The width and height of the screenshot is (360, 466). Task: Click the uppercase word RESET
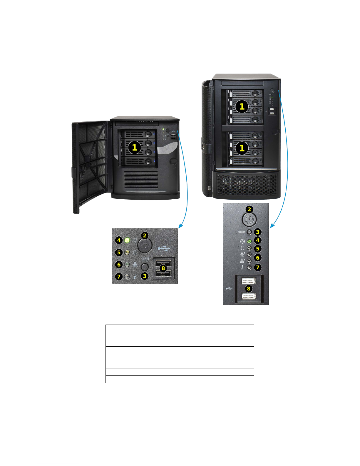[145, 259]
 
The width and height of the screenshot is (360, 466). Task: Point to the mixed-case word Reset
[242, 232]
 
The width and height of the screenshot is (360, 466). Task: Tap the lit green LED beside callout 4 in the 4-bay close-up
[127, 240]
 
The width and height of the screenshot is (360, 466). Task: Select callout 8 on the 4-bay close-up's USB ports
[163, 268]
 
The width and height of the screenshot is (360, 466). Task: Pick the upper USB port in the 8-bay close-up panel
[249, 281]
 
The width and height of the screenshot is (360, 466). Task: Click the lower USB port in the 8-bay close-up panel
[249, 297]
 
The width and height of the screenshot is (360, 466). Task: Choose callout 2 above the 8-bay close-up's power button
[250, 209]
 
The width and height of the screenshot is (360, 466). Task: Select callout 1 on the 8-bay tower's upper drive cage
[242, 106]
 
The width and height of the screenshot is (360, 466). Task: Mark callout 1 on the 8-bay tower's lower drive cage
[242, 148]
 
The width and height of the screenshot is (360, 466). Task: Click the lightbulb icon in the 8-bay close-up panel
[242, 241]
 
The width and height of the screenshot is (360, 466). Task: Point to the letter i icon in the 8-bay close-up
[242, 268]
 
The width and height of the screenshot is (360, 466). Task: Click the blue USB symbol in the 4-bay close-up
[164, 249]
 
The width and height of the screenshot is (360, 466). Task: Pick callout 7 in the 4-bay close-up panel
[119, 277]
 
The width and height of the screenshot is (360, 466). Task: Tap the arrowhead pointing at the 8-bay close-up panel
[272, 226]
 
